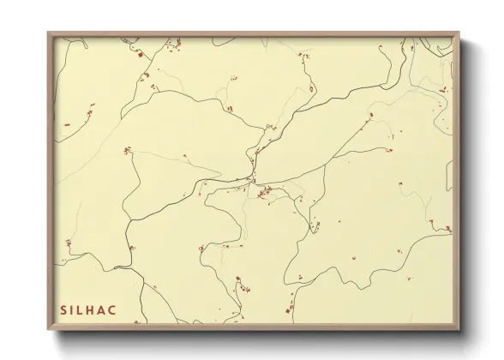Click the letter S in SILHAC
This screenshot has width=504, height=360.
tap(63, 308)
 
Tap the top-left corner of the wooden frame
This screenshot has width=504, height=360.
tap(49, 33)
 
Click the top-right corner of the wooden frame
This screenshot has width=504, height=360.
tap(460, 33)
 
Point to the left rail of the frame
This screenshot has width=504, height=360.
tap(50, 180)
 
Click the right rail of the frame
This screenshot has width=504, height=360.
tap(459, 180)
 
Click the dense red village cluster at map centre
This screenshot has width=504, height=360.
tap(264, 192)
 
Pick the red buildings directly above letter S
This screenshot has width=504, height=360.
tap(63, 262)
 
